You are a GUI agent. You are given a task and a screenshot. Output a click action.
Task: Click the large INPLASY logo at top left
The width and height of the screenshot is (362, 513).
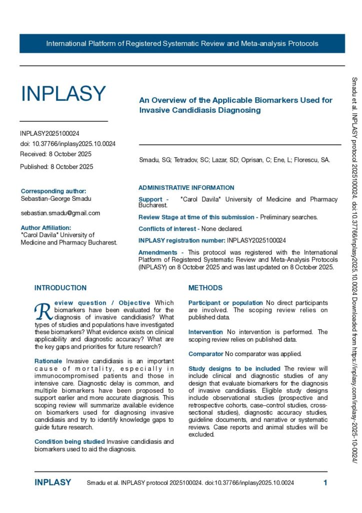point(63,94)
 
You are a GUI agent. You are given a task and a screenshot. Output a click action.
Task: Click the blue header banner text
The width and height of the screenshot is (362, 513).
point(182,44)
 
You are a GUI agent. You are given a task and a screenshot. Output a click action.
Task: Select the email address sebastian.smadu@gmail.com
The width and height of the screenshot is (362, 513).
point(60,213)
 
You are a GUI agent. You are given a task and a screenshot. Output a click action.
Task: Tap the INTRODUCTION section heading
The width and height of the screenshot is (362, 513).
point(60,288)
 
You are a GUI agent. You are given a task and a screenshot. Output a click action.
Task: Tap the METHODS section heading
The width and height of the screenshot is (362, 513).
point(205,288)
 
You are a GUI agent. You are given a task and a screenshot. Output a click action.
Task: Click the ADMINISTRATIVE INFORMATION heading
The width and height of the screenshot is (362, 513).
point(186,188)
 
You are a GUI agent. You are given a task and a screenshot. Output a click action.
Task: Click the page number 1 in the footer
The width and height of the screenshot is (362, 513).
point(325,483)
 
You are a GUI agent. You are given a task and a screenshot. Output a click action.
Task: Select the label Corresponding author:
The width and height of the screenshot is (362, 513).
point(53,191)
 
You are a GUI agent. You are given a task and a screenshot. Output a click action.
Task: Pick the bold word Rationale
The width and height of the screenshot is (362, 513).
point(48,361)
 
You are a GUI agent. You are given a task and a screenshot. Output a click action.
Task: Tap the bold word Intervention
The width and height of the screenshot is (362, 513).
point(205,332)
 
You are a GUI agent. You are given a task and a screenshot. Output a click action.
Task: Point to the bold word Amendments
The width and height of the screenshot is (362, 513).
point(157,252)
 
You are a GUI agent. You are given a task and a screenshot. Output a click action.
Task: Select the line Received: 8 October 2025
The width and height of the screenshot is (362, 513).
point(56,154)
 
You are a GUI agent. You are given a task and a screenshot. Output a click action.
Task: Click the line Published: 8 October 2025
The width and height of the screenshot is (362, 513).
point(56,167)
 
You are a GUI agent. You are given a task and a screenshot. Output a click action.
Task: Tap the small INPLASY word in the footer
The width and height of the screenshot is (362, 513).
point(53,483)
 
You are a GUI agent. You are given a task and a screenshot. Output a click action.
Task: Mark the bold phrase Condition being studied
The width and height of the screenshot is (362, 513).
point(69,441)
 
